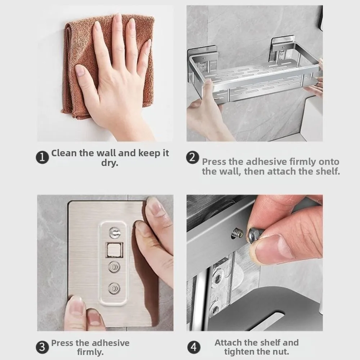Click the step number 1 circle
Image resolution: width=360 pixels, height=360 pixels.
point(42,157)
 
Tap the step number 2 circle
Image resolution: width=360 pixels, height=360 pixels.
point(192,157)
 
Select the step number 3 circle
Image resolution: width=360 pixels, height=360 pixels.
point(42,347)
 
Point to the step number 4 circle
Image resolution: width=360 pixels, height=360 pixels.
point(194,347)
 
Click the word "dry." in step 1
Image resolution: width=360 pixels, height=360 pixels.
point(110,163)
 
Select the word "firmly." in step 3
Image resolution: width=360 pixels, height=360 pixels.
point(90,352)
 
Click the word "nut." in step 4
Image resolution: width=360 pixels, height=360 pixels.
point(280,351)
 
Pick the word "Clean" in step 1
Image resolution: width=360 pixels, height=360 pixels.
point(64,153)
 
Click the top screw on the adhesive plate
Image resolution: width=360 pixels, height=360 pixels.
point(114,233)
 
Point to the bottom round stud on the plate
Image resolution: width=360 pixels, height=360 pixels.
point(114,288)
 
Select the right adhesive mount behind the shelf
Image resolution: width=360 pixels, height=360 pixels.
point(282,49)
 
